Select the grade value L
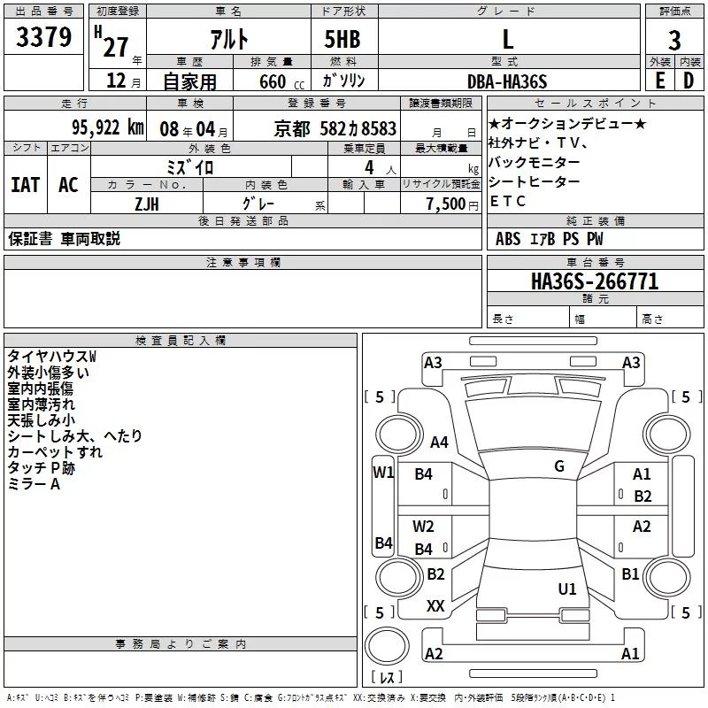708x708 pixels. (507, 39)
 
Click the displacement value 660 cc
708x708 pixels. (273, 81)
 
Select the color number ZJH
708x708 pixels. (146, 203)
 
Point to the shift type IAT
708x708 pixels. (25, 185)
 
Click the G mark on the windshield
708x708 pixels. (558, 466)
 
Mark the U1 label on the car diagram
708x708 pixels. (567, 589)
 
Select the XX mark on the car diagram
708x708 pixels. (435, 606)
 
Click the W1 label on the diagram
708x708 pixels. (383, 472)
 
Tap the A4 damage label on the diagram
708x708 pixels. (439, 442)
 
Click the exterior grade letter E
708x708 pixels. (658, 81)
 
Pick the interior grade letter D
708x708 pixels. (688, 81)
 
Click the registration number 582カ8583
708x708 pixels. (358, 127)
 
